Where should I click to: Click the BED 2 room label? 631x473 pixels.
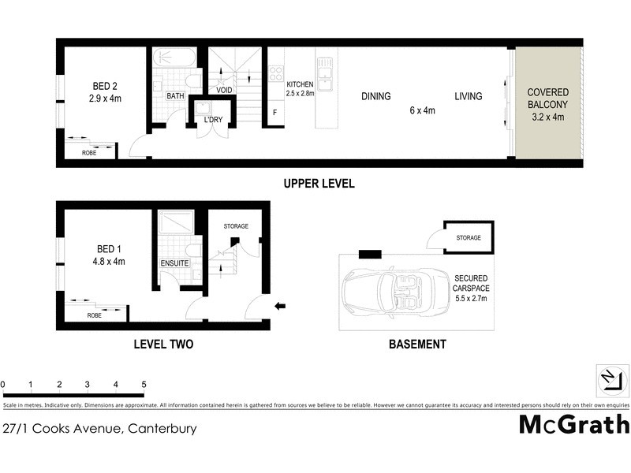pyautogui.click(x=105, y=92)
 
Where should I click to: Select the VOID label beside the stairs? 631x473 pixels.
pyautogui.click(x=224, y=89)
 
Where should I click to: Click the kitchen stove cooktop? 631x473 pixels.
pyautogui.click(x=276, y=73)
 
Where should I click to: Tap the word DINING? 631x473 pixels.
pyautogui.click(x=376, y=97)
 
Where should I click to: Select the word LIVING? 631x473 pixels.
pyautogui.click(x=468, y=97)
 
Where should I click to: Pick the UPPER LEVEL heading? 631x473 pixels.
pyautogui.click(x=319, y=184)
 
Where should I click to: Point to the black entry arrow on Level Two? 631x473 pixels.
pyautogui.click(x=279, y=306)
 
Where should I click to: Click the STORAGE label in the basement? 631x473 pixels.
pyautogui.click(x=468, y=236)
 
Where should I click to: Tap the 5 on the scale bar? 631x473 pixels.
pyautogui.click(x=144, y=385)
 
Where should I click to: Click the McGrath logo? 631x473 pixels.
pyautogui.click(x=573, y=424)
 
